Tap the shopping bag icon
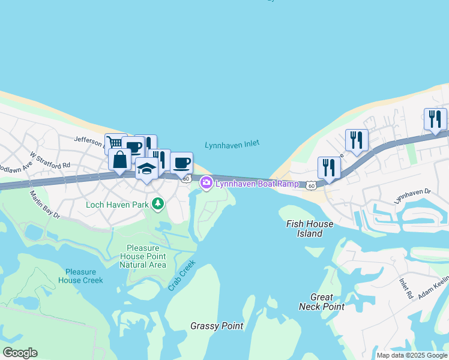pos(120,160)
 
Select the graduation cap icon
pos(146,169)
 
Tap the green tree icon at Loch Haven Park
pos(158,205)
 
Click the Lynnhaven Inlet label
pos(232,145)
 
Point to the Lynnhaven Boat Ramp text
pos(257,183)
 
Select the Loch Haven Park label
pos(117,205)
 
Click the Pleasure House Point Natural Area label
pos(142,256)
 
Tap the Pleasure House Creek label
pos(80,276)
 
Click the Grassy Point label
pos(217,326)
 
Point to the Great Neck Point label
pos(322,302)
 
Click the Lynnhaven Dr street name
pos(413,195)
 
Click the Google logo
pos(20,353)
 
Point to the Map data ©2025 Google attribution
pos(412,355)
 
